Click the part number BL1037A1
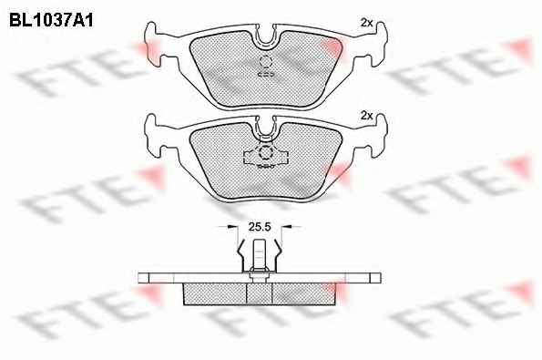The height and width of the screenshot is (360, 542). [51, 21]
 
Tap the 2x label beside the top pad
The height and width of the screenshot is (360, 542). [367, 23]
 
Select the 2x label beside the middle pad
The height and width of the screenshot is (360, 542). [367, 116]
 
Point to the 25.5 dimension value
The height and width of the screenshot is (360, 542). [260, 227]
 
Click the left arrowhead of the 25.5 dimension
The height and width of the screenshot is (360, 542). [233, 227]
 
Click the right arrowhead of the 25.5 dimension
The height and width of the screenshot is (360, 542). [286, 227]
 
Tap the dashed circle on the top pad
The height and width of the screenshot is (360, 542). [265, 62]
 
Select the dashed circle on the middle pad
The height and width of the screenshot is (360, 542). [265, 152]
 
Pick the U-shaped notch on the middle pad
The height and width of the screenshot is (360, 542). [265, 129]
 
